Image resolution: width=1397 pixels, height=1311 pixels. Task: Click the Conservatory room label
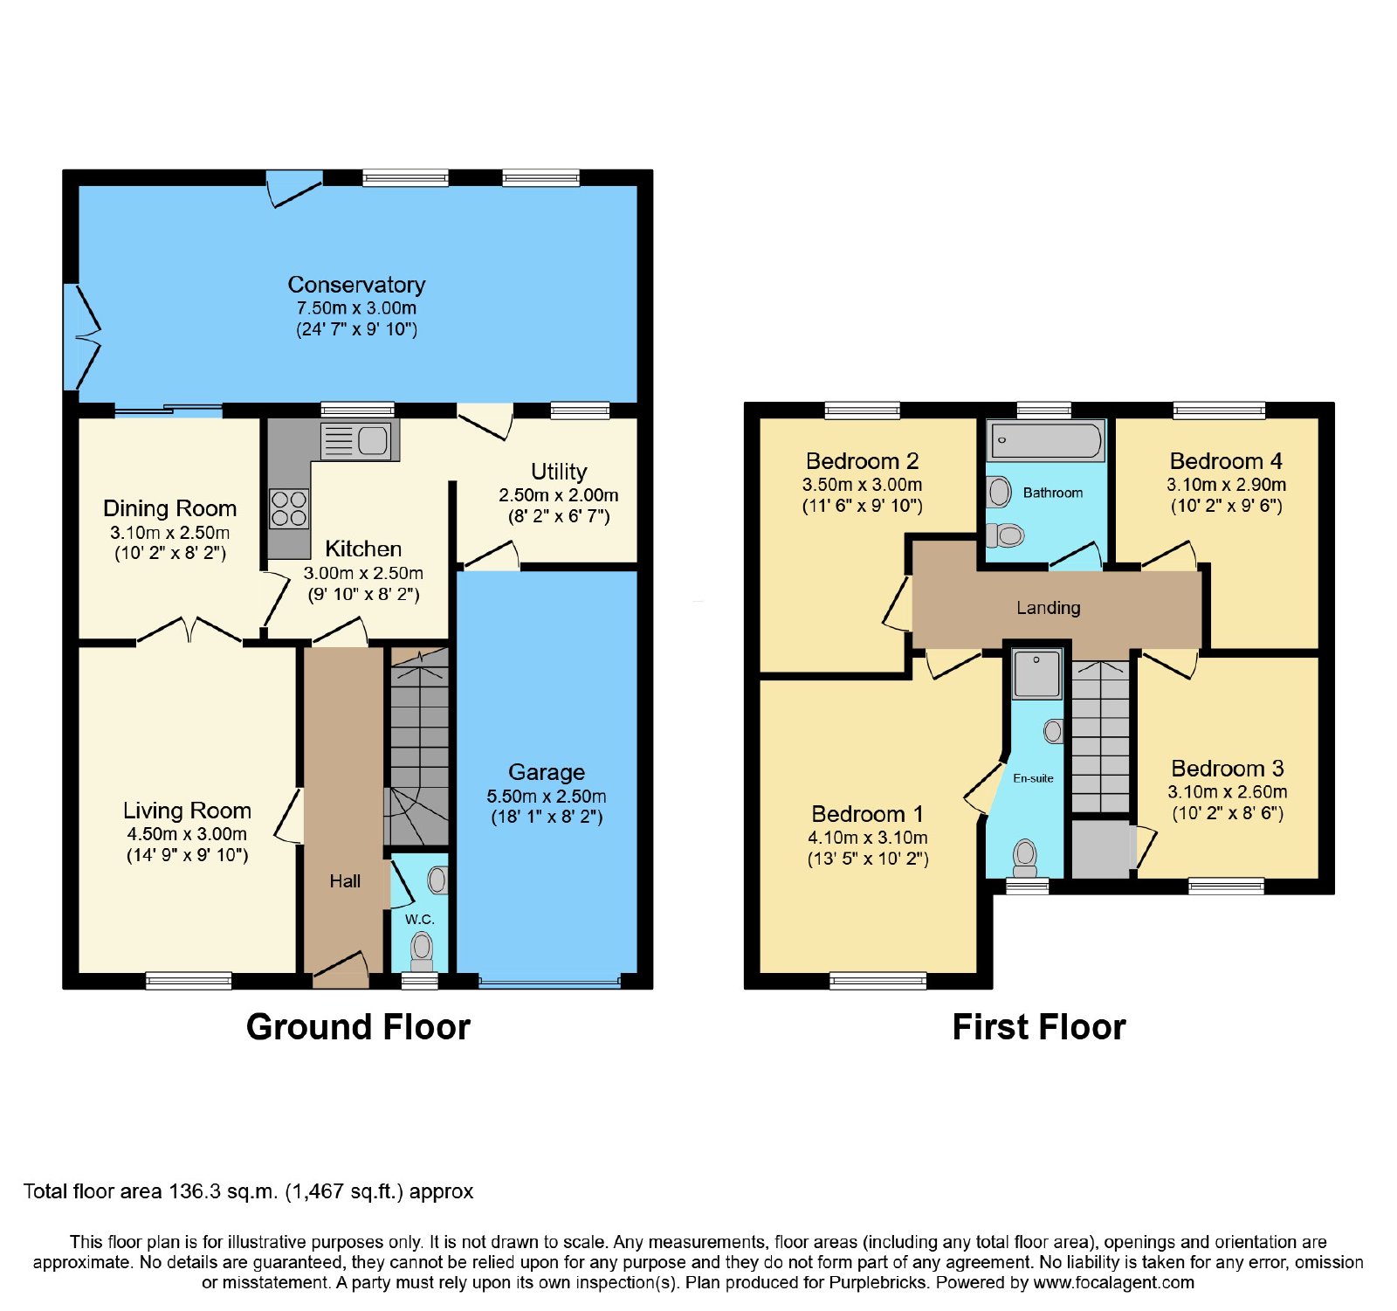coord(356,285)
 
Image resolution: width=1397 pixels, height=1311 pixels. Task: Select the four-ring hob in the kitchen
coord(289,508)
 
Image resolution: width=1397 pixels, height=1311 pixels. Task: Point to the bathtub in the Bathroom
coord(1045,441)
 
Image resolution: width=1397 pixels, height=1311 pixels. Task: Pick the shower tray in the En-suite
coord(1036,673)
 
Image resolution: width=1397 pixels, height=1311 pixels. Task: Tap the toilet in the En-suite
coord(1024,858)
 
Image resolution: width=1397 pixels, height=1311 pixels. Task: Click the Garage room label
coord(547,772)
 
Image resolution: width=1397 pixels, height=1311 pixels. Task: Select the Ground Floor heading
coord(358,1027)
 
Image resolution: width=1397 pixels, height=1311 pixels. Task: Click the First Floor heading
coord(1039,1027)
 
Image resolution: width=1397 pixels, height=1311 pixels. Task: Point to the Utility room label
coord(559,472)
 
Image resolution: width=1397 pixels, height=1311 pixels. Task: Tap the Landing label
coord(1048,608)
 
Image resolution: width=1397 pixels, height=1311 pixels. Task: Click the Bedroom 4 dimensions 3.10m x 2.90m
coord(1226,485)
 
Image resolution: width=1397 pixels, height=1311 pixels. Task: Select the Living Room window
coord(189,981)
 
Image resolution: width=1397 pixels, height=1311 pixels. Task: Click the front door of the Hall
coord(341,969)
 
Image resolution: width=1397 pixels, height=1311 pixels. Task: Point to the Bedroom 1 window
coord(877,981)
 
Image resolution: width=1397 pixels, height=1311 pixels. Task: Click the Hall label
coord(345,881)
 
